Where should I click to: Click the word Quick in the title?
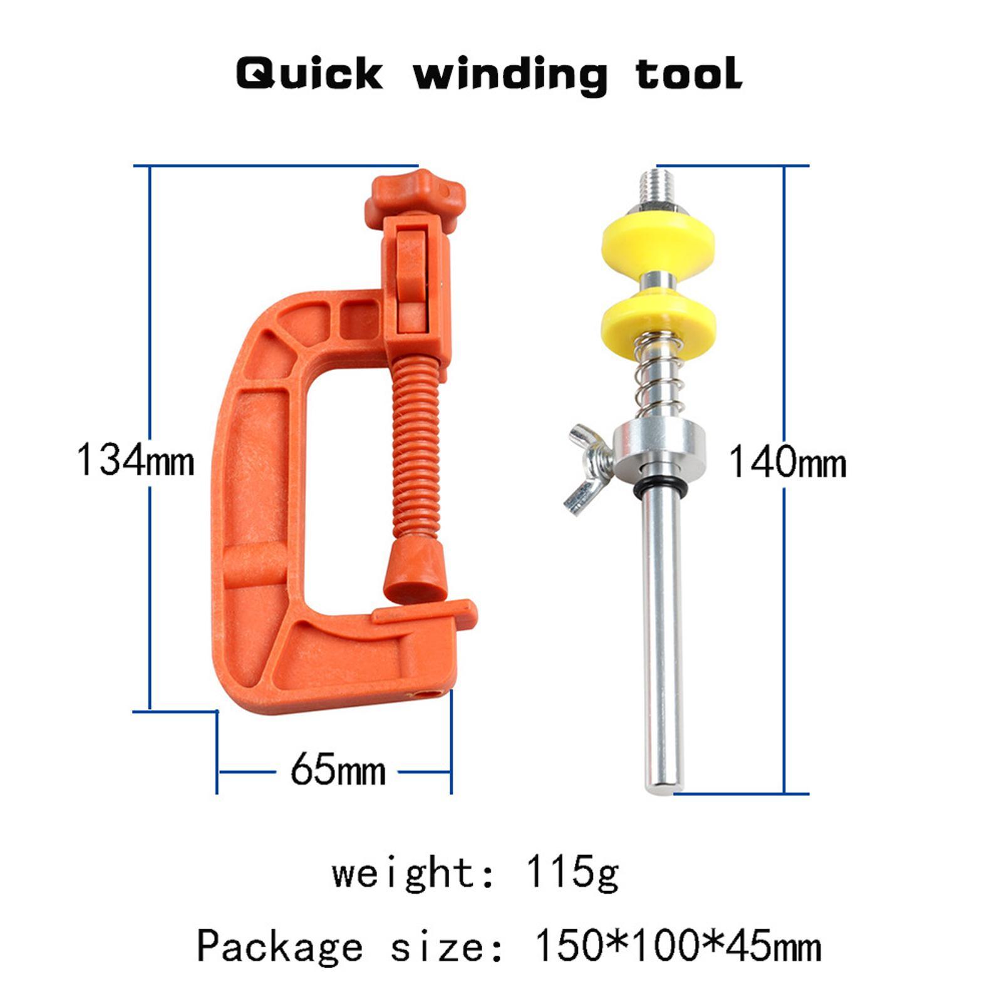click(x=309, y=75)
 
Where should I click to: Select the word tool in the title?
click(x=689, y=73)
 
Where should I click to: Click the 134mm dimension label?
click(x=135, y=460)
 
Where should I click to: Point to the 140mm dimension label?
click(x=788, y=463)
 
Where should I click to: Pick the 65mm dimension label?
click(x=338, y=771)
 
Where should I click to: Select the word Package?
click(x=279, y=946)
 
